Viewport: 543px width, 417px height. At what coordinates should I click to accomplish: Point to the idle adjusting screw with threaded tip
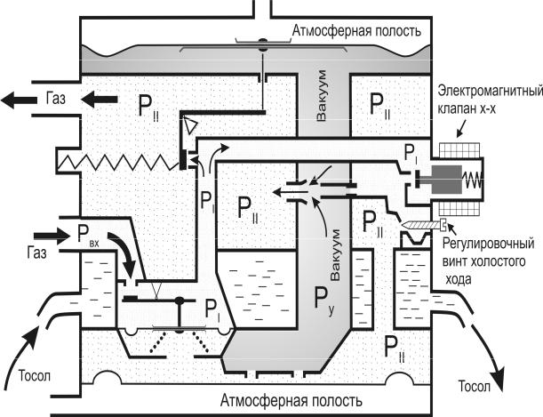(419, 225)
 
